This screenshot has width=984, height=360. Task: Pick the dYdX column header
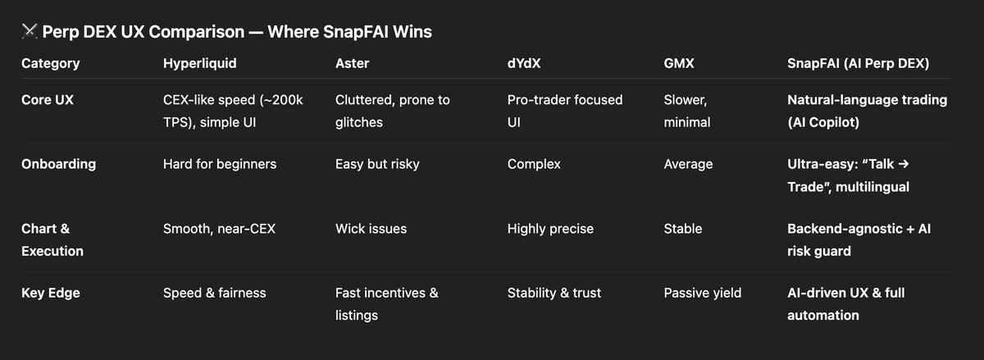[x=525, y=63]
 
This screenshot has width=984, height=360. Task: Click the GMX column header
[x=679, y=63]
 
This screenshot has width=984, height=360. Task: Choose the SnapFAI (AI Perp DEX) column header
[x=858, y=63]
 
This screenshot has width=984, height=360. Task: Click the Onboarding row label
[x=58, y=164]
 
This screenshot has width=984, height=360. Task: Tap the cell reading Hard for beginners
[x=220, y=164]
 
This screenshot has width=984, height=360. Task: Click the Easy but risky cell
[x=377, y=164]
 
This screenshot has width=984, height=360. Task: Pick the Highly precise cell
[x=549, y=229]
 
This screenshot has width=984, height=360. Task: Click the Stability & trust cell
[x=554, y=293]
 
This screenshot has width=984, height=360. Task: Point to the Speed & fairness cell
[x=214, y=293]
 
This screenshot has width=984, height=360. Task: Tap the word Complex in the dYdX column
[x=534, y=164]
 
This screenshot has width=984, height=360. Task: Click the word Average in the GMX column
[x=688, y=164]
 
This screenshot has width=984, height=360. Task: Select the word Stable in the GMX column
[x=683, y=229]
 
